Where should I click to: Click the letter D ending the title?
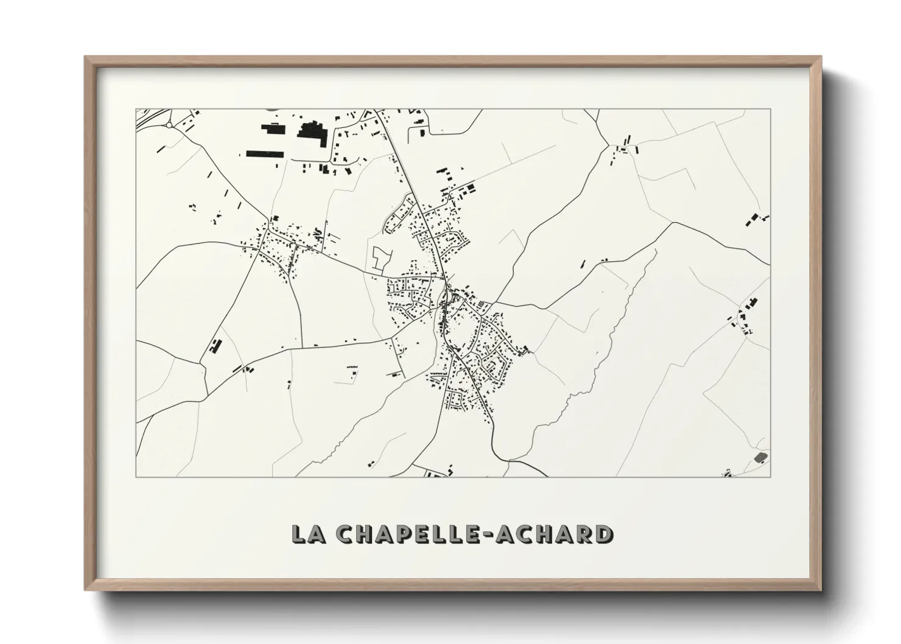605,534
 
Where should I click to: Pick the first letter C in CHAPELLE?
343,534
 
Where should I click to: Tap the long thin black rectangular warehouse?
265,154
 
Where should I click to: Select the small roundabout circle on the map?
168,126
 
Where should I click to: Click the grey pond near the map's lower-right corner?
760,457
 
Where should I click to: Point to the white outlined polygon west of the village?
379,259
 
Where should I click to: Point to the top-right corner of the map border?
771,109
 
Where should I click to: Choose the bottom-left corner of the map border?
136,477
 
